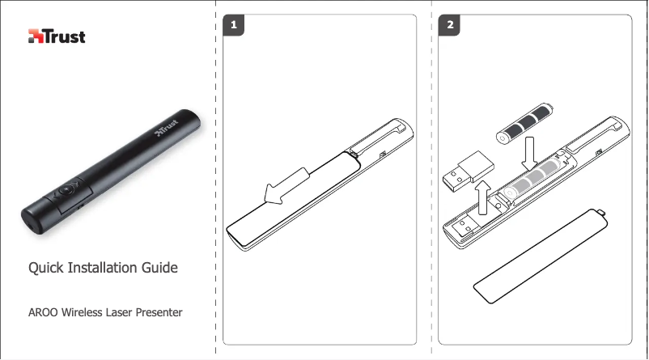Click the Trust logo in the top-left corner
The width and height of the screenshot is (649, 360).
click(57, 36)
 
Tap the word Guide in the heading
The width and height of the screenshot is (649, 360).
click(159, 268)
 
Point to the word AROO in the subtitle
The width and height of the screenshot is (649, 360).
click(43, 312)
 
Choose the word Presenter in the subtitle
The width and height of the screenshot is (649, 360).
click(159, 312)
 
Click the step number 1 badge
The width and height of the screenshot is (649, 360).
click(233, 25)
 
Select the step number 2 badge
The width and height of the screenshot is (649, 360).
click(449, 25)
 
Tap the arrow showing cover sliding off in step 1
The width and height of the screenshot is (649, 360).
click(286, 186)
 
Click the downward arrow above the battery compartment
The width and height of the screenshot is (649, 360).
click(529, 154)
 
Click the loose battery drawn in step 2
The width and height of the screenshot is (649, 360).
click(525, 123)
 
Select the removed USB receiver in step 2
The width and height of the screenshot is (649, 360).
click(469, 172)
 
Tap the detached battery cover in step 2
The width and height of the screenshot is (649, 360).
click(541, 256)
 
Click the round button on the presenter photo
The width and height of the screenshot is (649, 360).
click(66, 190)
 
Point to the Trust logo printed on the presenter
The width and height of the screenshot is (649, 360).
click(167, 128)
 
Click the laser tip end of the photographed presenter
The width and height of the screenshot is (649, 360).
click(32, 220)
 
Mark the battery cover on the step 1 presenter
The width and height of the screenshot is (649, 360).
click(293, 198)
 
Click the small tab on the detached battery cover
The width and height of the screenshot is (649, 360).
click(601, 213)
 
